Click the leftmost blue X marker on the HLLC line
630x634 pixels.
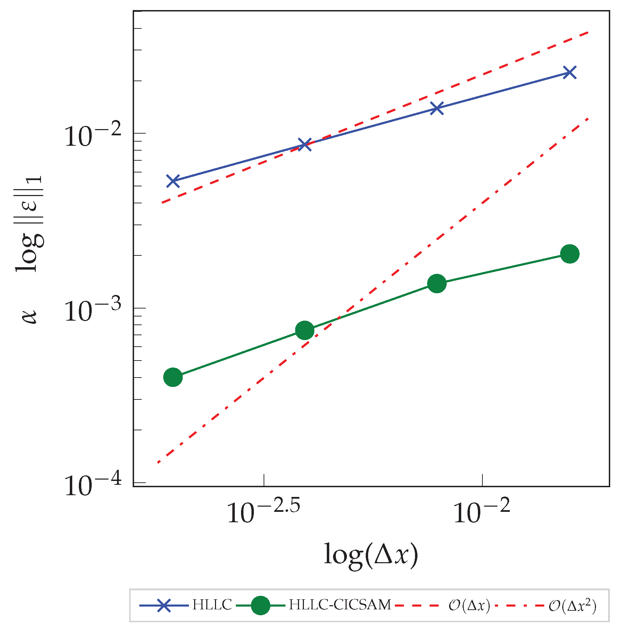173,181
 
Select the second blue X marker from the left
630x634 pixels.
305,145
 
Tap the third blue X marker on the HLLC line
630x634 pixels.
437,108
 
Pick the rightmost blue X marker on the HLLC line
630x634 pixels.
570,73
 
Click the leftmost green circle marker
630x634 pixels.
173,377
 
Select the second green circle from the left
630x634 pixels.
305,330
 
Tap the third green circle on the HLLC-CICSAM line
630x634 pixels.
437,284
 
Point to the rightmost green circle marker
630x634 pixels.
570,254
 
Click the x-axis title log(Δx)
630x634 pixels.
371,555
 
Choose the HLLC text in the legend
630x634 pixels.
212,605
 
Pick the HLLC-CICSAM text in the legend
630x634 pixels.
340,605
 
